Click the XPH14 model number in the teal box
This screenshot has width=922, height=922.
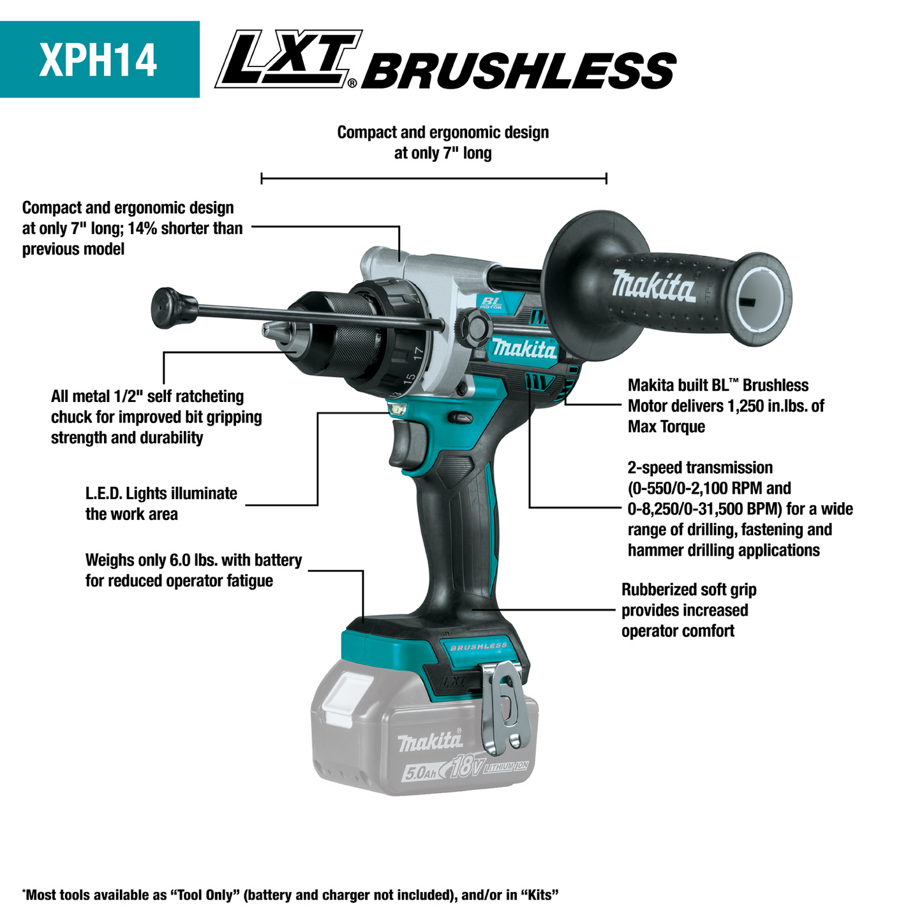98,60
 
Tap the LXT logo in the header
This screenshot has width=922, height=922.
287,59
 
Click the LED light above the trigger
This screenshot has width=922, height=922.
398,410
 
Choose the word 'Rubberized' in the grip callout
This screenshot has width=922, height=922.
653,590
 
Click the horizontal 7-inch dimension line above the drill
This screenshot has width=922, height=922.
434,179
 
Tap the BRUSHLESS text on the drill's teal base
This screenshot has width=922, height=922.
479,646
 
